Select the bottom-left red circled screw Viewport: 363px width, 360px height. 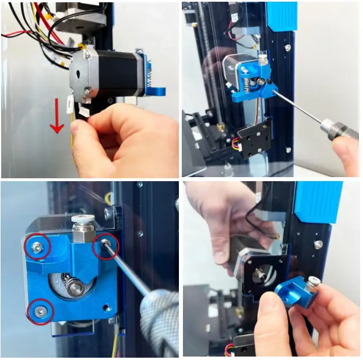coord(40,311)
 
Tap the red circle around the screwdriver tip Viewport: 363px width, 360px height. coord(106,246)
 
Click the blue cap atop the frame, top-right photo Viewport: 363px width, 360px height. coord(281,16)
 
